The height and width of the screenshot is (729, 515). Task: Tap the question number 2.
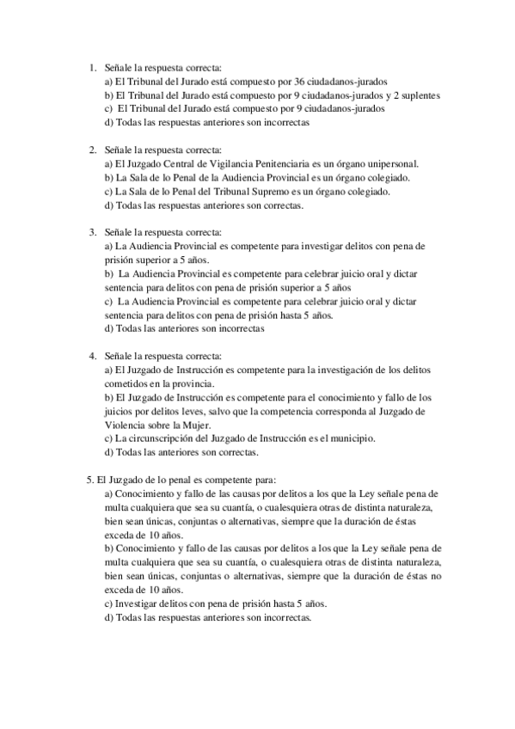point(94,150)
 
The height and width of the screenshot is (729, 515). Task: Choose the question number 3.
point(94,232)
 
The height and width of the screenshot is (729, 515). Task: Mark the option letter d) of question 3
point(108,328)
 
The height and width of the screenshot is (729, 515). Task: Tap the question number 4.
point(94,356)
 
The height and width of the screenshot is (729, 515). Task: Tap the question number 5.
point(90,480)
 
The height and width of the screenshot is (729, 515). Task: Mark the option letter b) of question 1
point(108,95)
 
